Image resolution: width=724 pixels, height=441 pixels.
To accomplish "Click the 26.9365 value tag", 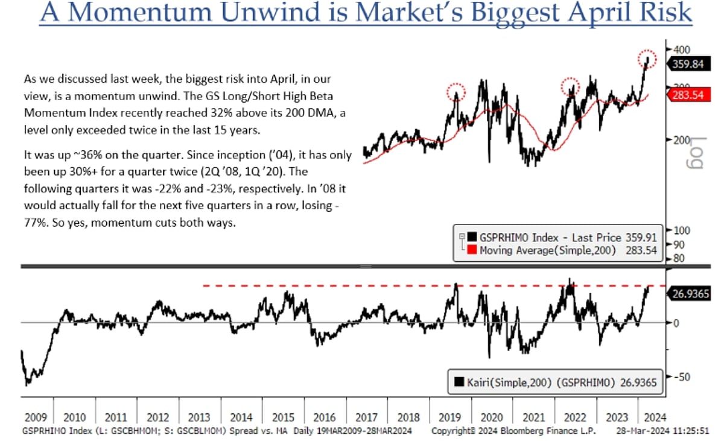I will (688, 294).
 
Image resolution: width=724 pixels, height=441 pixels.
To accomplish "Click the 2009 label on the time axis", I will (36, 417).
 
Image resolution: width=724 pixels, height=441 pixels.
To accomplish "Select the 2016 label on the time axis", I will (324, 417).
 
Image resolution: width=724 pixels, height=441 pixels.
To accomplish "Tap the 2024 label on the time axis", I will (652, 417).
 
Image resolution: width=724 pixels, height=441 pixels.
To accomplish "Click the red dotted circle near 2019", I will (456, 92).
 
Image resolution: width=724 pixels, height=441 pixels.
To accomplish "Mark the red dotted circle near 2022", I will (570, 87).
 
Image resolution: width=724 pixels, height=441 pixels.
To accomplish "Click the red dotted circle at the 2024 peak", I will (647, 58).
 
